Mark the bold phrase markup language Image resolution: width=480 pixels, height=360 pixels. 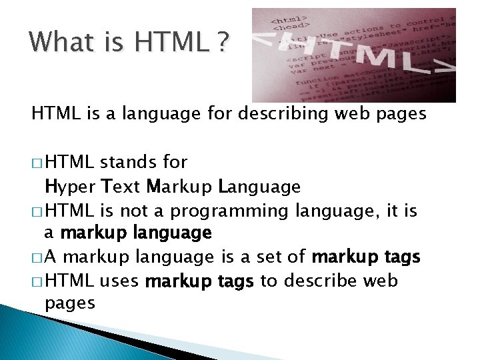[x=136, y=234]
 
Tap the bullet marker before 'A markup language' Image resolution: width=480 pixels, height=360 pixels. [x=37, y=257]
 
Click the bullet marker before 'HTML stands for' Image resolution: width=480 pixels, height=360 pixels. [x=37, y=163]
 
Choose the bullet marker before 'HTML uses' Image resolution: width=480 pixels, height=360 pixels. [x=37, y=281]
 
